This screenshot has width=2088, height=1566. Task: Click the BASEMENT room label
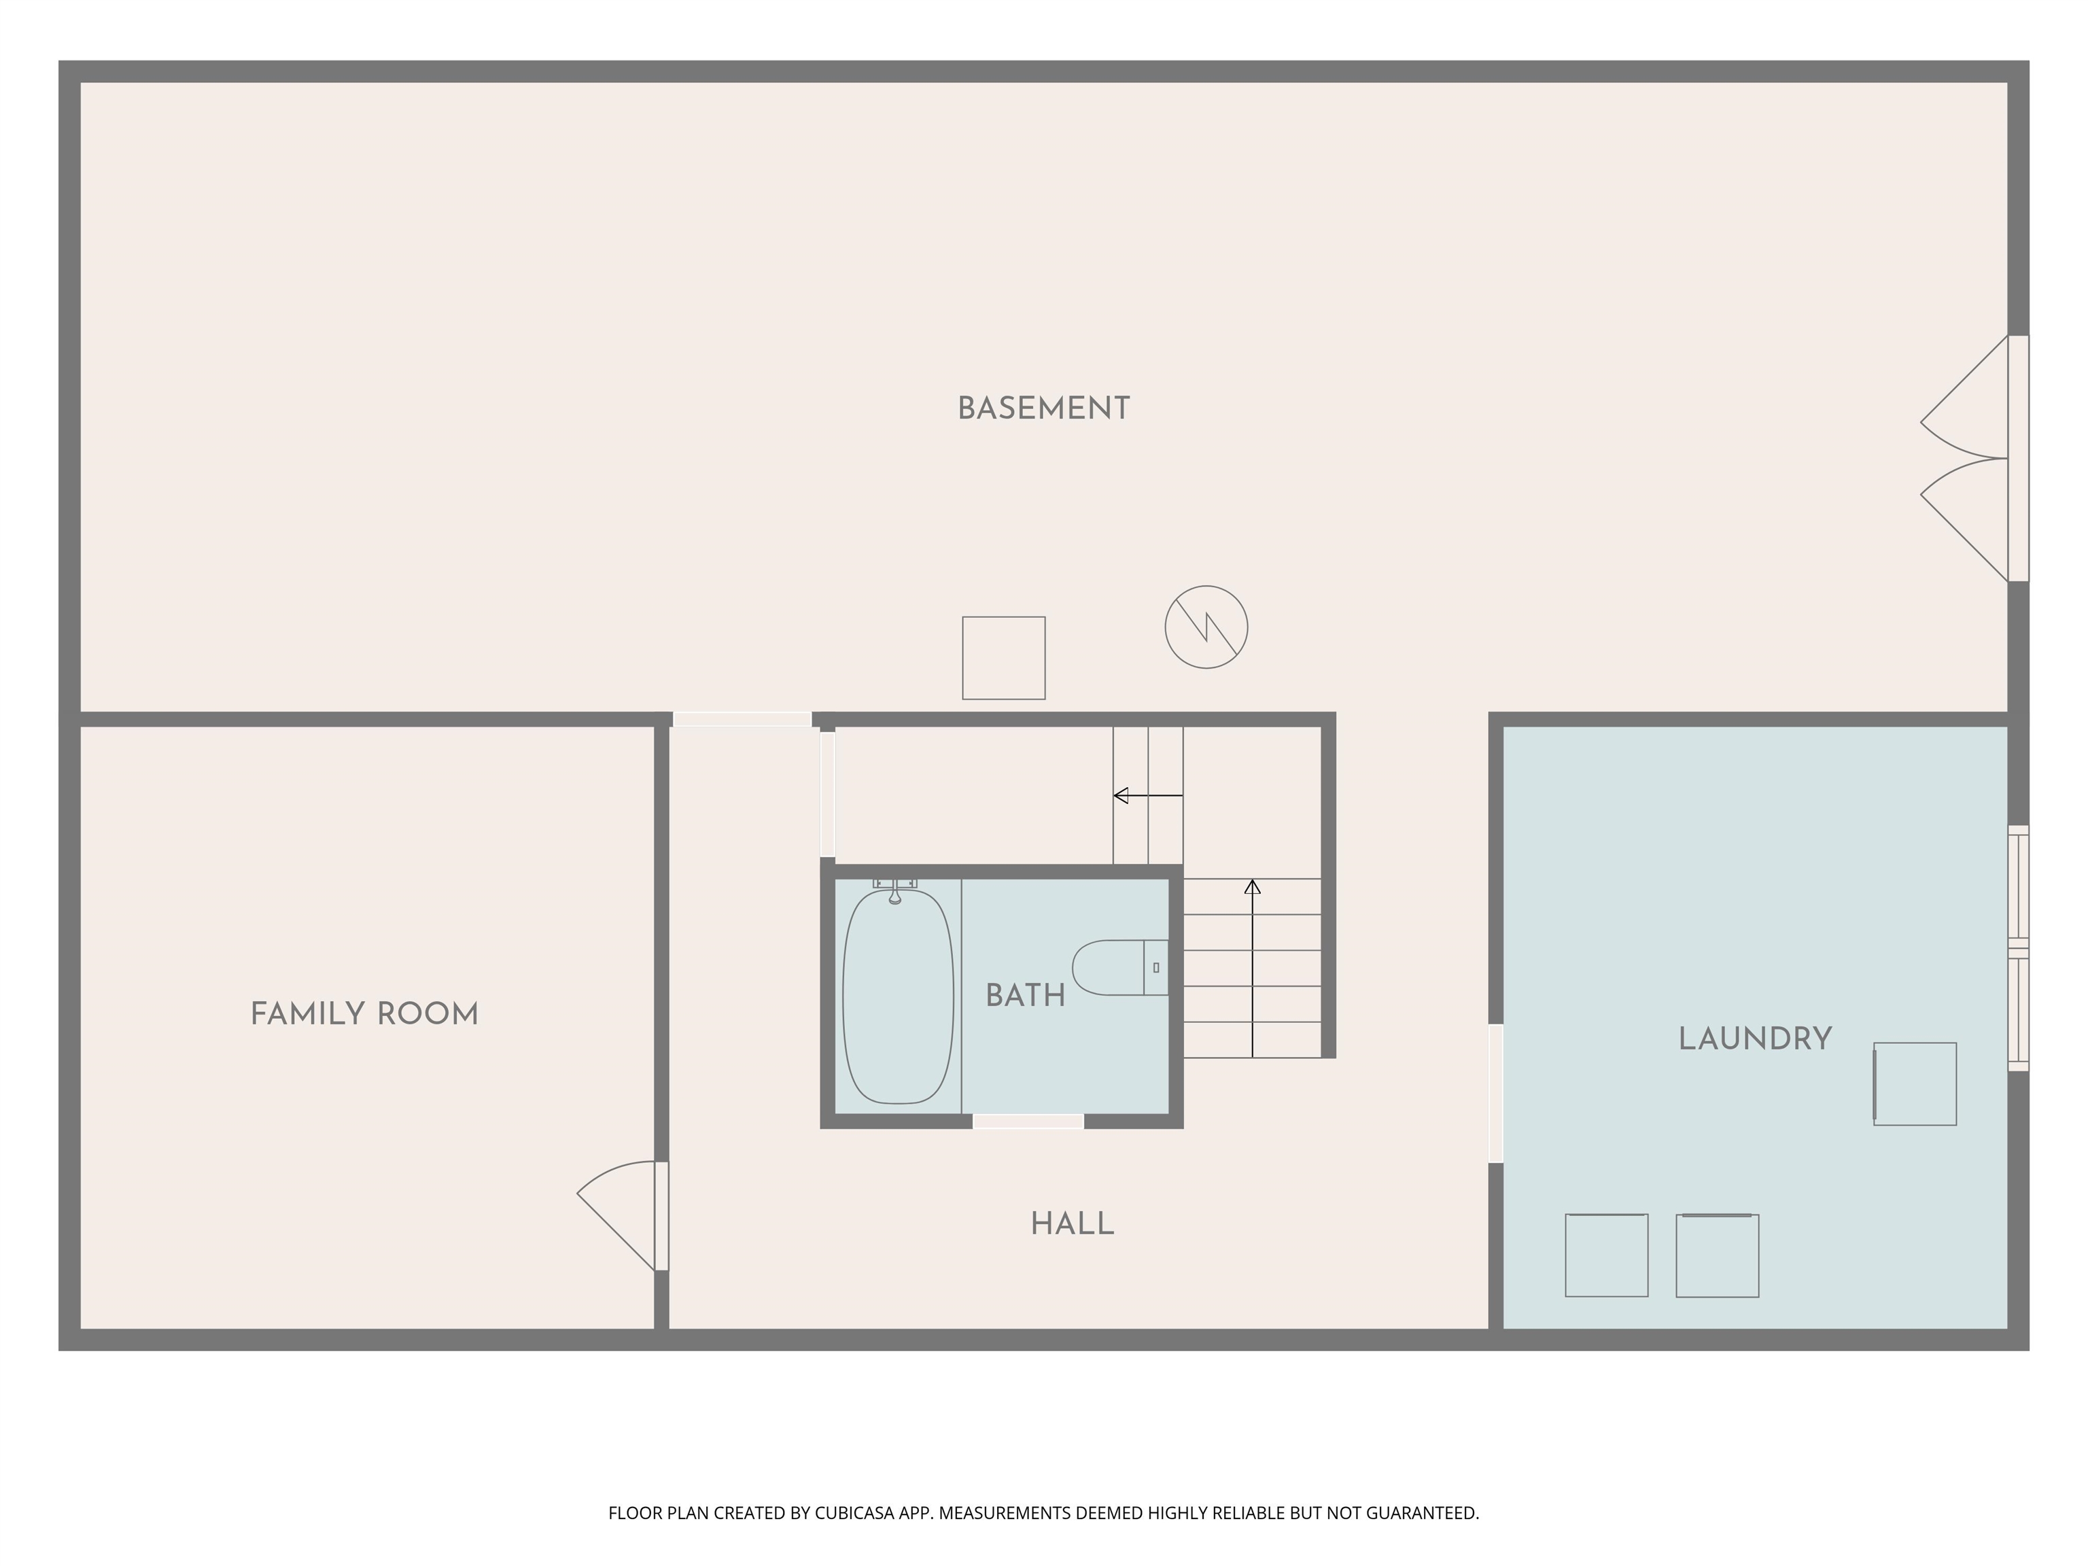pyautogui.click(x=1043, y=408)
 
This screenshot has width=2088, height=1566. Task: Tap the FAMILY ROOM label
pyautogui.click(x=364, y=1015)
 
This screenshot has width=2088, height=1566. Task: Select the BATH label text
pyautogui.click(x=1025, y=996)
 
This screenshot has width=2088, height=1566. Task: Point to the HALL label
pyautogui.click(x=1073, y=1224)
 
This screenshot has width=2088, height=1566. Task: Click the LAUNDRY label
pyautogui.click(x=1755, y=1039)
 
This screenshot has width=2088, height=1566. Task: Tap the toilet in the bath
pyautogui.click(x=1120, y=968)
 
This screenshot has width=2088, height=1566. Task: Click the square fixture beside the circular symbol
pyautogui.click(x=1003, y=658)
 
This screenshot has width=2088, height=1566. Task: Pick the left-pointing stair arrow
pyautogui.click(x=1148, y=796)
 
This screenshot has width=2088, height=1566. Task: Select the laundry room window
pyautogui.click(x=2018, y=949)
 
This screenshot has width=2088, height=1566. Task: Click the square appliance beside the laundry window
pyautogui.click(x=1914, y=1083)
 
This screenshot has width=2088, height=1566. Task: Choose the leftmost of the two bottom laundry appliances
pyautogui.click(x=1607, y=1255)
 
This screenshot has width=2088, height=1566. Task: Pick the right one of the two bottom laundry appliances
pyautogui.click(x=1717, y=1255)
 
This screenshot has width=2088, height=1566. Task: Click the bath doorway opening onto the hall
pyautogui.click(x=1028, y=1121)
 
